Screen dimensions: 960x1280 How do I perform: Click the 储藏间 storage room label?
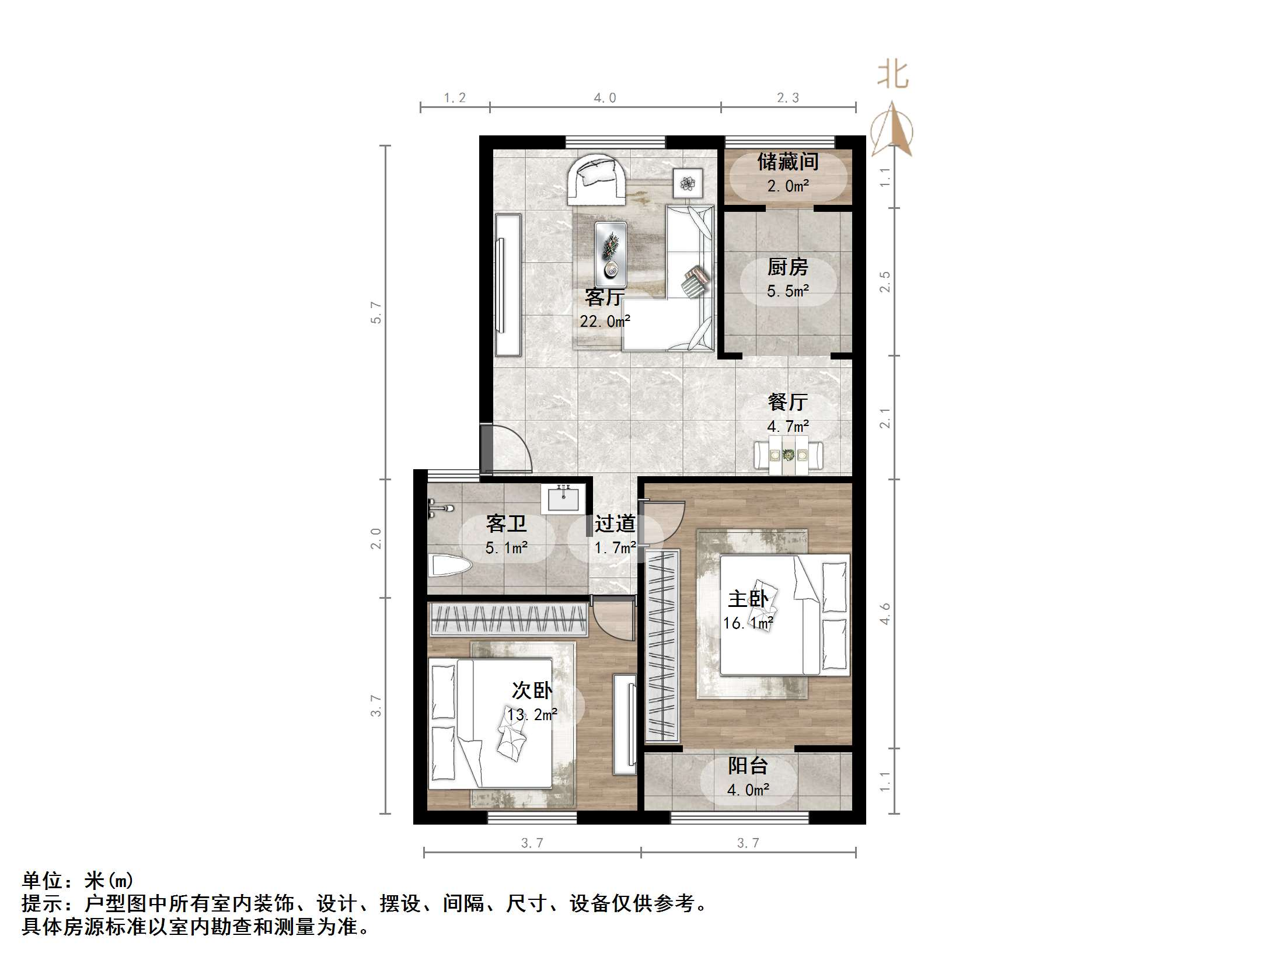pos(787,162)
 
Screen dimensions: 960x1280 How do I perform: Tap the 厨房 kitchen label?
pos(787,267)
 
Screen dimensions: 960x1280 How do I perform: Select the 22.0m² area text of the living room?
pos(605,321)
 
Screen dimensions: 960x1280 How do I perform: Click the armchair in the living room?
pos(595,179)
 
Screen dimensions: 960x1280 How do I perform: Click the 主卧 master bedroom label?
pos(748,599)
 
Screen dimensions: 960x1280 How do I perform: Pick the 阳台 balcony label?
pos(748,766)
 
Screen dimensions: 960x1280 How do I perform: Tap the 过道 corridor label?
pos(614,523)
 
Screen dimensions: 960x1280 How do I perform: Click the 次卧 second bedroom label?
pos(531,690)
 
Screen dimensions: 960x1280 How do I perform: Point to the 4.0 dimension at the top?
pos(605,98)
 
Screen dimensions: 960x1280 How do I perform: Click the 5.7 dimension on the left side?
pos(376,313)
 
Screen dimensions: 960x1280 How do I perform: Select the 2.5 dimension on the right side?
pos(885,282)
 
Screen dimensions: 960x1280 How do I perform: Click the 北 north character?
pos(892,75)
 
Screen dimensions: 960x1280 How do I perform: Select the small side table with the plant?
pos(688,183)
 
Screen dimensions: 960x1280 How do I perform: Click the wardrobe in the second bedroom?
pos(508,619)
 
